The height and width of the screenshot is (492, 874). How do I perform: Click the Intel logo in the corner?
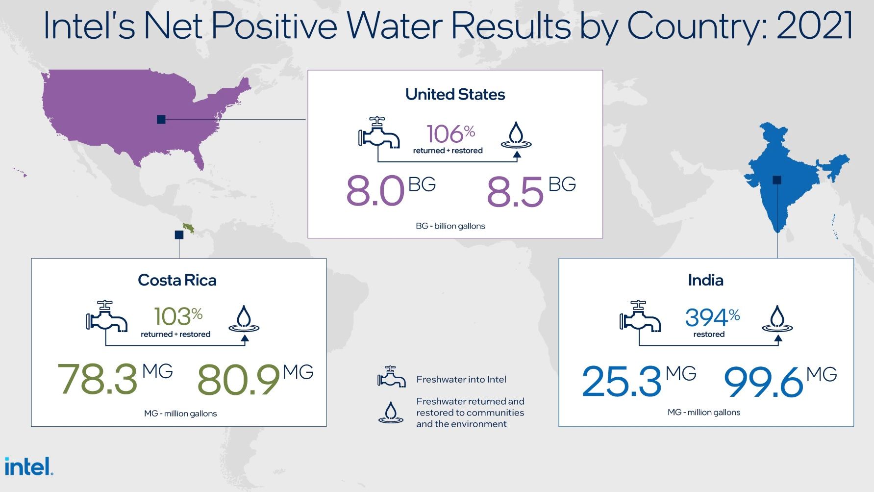point(29,466)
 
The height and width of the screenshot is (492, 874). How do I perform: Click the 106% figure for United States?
point(450,134)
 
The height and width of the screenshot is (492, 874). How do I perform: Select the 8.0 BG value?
point(391,190)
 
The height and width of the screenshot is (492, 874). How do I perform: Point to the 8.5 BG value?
point(531,190)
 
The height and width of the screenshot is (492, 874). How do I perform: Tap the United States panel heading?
point(455,94)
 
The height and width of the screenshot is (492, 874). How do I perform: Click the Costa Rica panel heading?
point(177,280)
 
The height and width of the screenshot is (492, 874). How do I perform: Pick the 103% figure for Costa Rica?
point(178,316)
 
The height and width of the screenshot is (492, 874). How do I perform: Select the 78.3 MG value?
point(115,379)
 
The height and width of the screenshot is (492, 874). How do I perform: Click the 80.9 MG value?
point(255,379)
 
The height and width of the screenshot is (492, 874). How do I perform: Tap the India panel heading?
point(705,280)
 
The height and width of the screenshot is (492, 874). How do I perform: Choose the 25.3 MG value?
point(639,381)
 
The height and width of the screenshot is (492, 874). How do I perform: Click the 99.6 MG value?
point(780,381)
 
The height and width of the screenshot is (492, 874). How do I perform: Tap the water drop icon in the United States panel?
point(516,135)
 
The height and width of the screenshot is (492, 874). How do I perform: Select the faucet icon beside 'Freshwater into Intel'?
point(391,377)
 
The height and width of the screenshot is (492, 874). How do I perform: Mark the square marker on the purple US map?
point(161,119)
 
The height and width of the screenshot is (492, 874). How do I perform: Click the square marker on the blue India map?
point(777,180)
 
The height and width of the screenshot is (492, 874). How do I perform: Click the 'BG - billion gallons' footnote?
point(450,226)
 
